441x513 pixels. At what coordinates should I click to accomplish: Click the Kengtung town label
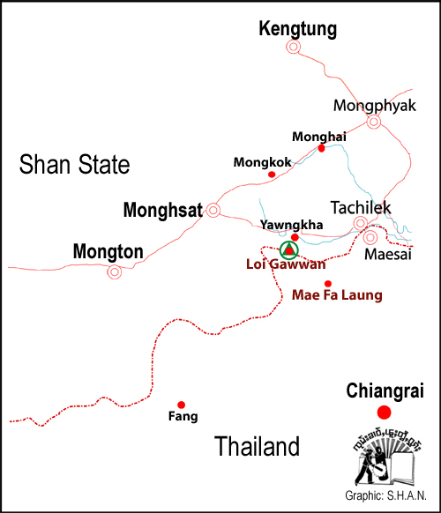click(x=297, y=29)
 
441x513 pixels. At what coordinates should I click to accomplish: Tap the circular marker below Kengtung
click(x=293, y=48)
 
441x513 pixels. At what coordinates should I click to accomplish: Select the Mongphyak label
click(x=370, y=106)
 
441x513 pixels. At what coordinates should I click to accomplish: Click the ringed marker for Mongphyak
click(x=373, y=123)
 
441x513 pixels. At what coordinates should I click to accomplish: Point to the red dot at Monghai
click(x=322, y=148)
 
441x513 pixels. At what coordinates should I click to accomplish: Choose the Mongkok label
click(x=261, y=162)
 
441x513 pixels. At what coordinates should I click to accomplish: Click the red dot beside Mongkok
click(x=271, y=175)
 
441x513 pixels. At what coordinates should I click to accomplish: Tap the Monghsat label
click(x=162, y=210)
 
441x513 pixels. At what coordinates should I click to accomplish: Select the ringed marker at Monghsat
click(x=213, y=210)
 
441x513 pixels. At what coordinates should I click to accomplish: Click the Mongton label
click(x=108, y=252)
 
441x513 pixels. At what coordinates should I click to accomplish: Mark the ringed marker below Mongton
click(x=114, y=272)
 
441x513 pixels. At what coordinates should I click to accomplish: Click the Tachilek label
click(x=359, y=207)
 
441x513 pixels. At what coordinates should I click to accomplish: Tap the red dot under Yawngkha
click(x=295, y=237)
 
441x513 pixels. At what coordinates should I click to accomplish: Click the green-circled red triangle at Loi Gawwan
click(x=288, y=250)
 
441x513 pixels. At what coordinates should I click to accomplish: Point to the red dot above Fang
click(x=182, y=405)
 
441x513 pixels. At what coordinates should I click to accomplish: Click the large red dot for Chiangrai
click(x=383, y=413)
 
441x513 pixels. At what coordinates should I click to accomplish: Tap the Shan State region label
click(x=75, y=164)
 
